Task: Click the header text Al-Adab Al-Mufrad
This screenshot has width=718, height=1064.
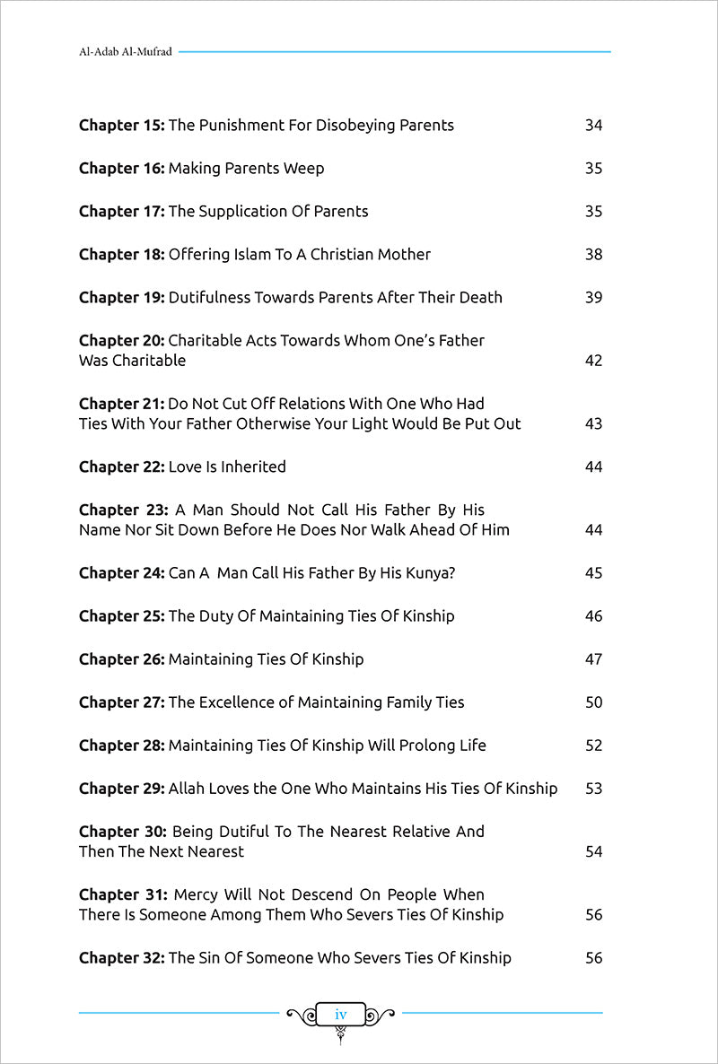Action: coord(126,52)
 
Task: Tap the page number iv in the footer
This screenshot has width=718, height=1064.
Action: coord(340,1014)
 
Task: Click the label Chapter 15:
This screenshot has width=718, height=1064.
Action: coord(121,126)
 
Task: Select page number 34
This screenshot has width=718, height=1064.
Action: coord(593,126)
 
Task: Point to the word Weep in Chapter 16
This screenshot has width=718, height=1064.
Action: coord(304,169)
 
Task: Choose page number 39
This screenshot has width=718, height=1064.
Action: coord(593,298)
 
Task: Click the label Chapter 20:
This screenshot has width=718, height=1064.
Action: coord(121,341)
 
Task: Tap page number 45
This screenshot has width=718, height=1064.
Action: coord(593,573)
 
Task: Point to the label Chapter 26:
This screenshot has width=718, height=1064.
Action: coord(121,659)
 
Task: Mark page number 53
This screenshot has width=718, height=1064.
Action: coord(593,789)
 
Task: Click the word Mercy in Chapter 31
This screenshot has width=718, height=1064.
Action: coord(196,895)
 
